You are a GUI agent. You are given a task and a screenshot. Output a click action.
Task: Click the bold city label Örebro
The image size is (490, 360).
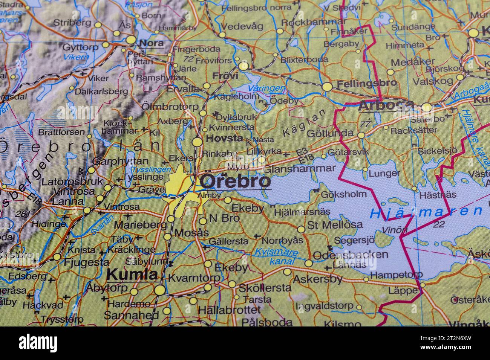click(235, 181)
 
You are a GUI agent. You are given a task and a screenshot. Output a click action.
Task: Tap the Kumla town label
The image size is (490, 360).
click(132, 274)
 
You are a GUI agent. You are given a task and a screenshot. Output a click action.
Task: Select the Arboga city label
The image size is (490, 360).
click(386, 106)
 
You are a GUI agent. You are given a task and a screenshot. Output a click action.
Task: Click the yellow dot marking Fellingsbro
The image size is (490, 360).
click(327, 87)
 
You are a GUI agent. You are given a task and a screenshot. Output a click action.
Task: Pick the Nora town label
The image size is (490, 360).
click(151, 43)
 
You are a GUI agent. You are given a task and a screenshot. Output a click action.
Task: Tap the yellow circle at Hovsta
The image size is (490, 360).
click(197, 142)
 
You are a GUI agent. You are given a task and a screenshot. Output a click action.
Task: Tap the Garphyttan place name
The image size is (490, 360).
click(120, 161)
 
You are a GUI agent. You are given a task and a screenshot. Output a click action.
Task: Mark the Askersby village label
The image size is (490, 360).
click(317, 279)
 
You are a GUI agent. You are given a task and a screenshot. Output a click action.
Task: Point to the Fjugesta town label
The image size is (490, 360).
click(87, 262)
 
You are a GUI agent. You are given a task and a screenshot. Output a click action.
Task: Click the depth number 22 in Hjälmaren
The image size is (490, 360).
click(439, 225)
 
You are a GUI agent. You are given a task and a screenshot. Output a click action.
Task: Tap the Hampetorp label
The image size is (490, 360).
click(396, 275)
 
